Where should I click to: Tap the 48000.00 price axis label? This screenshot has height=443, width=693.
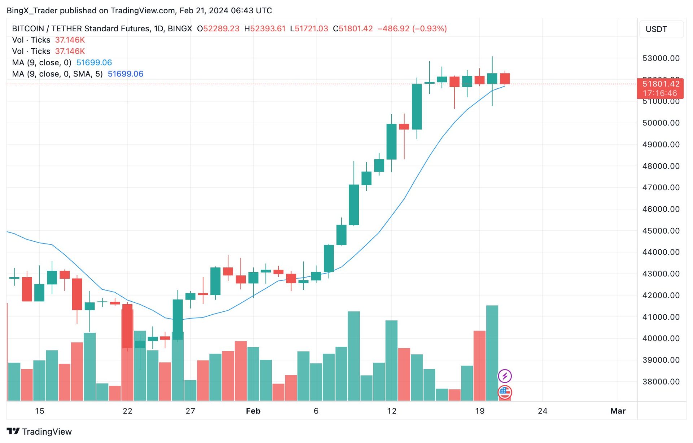tap(661, 166)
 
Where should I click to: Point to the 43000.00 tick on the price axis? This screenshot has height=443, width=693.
tap(661, 274)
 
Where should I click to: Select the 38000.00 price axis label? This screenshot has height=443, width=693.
tap(661, 381)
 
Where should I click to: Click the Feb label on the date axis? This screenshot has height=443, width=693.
tap(253, 411)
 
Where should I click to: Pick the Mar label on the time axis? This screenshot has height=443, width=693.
tap(618, 411)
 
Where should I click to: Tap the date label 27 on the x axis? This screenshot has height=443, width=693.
tap(190, 411)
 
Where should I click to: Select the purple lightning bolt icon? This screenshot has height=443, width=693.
tap(505, 376)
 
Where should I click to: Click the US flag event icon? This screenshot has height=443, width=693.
tap(505, 392)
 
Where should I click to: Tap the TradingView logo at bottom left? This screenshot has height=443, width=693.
tap(39, 431)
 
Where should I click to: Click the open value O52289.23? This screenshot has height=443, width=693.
tap(218, 28)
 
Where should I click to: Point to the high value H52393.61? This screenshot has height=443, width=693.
tap(265, 28)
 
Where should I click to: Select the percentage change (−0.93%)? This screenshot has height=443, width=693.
tap(430, 28)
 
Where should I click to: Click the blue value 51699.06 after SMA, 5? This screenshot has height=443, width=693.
tap(125, 74)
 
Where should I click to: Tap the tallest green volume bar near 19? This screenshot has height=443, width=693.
tap(492, 353)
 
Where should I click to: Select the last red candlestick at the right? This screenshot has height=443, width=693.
tap(505, 79)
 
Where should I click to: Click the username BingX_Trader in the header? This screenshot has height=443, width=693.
tap(32, 10)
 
